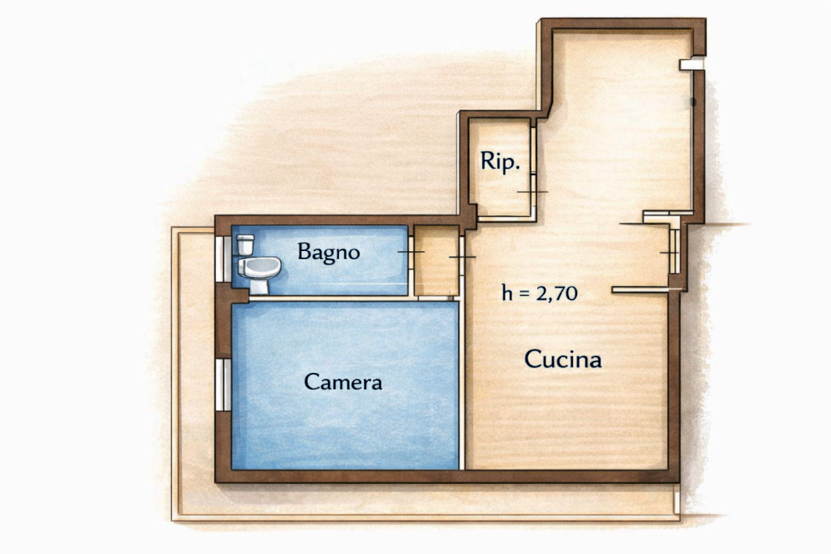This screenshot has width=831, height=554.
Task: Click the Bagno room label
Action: (329, 252)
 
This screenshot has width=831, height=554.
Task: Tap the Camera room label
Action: (343, 382)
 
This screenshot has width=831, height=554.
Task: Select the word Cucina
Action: (563, 360)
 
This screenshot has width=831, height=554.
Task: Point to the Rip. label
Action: (500, 162)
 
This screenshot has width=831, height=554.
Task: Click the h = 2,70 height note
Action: (540, 293)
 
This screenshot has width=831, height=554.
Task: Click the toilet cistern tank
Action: (245, 245)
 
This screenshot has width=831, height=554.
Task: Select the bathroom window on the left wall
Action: (223, 259)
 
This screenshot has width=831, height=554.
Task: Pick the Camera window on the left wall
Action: (223, 385)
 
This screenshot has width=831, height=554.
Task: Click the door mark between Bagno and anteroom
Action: (411, 252)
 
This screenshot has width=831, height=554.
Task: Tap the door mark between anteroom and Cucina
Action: (462, 258)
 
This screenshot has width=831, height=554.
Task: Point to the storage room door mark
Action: (532, 192)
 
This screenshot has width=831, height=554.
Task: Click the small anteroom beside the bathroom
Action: (436, 261)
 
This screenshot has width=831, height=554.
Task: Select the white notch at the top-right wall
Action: (691, 64)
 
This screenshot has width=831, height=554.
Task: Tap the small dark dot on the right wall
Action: (693, 102)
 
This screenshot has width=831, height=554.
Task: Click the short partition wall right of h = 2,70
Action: (640, 290)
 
